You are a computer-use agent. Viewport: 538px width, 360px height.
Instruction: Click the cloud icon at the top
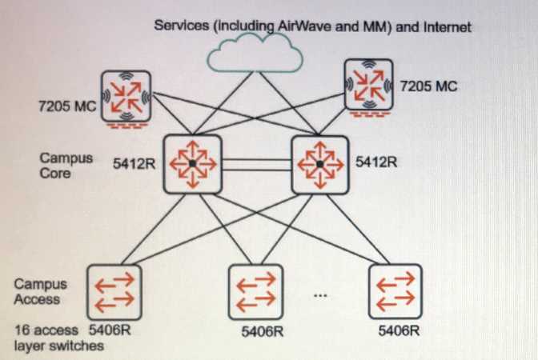tap(254, 54)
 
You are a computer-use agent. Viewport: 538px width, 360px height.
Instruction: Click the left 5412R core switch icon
tap(192, 163)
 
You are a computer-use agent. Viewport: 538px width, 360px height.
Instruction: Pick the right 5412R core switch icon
tap(319, 163)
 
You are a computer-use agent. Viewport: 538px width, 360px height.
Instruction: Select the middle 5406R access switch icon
tap(255, 291)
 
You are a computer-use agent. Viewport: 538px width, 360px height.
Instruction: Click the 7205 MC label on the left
tap(67, 105)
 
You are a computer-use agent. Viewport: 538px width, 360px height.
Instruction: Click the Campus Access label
tap(41, 291)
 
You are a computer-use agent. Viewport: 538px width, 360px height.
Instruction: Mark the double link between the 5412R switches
tap(256, 164)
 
